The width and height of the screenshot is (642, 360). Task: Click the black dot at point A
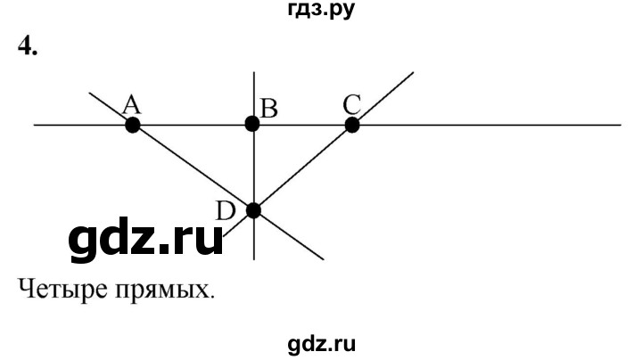[133, 125]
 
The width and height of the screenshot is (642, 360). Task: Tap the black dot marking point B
[252, 124]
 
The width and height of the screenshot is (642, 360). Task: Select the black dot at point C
[352, 125]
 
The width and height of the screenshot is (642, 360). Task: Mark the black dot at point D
[254, 210]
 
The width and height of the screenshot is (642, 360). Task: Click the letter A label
[131, 105]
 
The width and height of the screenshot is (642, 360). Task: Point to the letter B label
[269, 110]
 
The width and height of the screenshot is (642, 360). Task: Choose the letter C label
[352, 104]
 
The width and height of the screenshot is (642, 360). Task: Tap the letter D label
[226, 211]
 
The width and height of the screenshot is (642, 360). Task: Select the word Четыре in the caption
[61, 290]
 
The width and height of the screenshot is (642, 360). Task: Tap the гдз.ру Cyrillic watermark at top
[321, 10]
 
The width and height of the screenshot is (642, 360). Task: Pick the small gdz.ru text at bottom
[321, 344]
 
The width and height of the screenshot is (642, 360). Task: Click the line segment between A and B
[193, 125]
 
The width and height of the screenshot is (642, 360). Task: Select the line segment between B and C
[302, 125]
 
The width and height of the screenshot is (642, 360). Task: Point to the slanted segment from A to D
[193, 168]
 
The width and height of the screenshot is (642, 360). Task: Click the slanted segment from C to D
[303, 168]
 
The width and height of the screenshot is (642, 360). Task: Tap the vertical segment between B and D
[254, 168]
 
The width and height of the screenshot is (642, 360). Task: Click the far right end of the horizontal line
[621, 125]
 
